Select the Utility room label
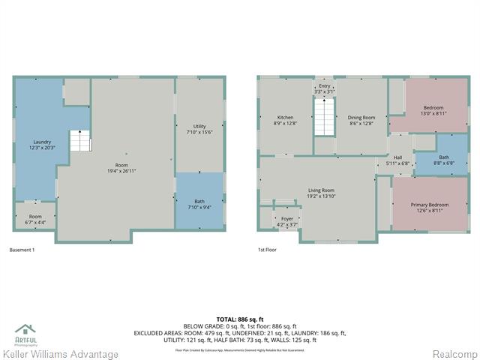199,129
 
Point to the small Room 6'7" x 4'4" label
35,219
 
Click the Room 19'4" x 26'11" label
121,167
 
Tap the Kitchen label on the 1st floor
285,120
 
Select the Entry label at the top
324,88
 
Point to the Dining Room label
361,120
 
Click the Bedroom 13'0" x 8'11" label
433,110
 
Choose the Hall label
398,160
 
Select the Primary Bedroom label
429,207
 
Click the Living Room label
322,193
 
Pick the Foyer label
287,221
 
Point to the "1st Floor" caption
268,249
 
